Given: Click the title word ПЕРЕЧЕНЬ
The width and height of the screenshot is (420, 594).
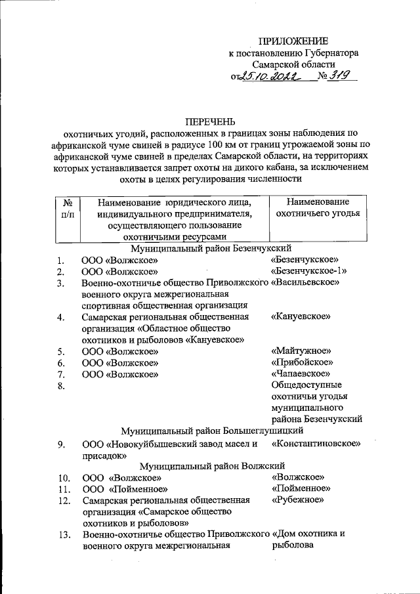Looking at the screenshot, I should tap(209, 122).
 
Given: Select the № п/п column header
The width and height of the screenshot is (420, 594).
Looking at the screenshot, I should tap(67, 209).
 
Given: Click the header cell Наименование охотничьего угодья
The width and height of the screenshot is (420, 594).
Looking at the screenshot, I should tap(318, 208).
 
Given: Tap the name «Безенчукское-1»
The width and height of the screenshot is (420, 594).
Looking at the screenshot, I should tap(308, 271).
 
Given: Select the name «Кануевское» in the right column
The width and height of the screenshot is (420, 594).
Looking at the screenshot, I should tap(300, 316).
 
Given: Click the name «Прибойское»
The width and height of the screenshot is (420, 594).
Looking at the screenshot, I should tap(302, 362).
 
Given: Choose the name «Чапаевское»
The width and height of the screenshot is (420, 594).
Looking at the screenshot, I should tap(300, 373).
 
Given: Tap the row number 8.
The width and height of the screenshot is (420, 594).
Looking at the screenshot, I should tap(62, 386).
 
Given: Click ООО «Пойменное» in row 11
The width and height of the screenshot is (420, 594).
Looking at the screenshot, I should tap(121, 489).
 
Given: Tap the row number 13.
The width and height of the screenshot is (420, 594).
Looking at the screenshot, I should tap(64, 534).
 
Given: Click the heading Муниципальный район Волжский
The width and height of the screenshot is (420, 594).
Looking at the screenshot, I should tap(210, 466).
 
